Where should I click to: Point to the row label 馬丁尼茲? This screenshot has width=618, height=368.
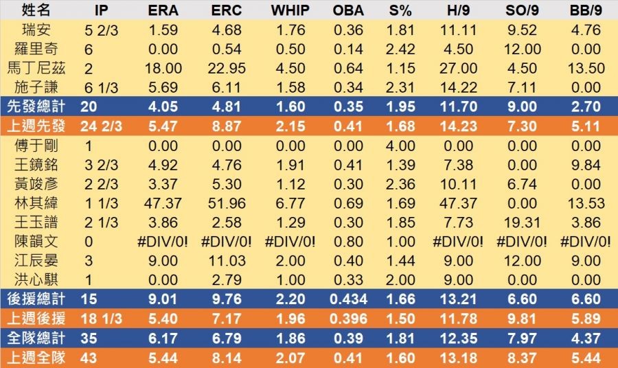pos(37,68)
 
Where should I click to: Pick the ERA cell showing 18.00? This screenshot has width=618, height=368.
pos(164,68)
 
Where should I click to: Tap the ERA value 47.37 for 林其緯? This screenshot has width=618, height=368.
pos(164,203)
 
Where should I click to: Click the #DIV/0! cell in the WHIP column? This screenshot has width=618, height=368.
pos(289,242)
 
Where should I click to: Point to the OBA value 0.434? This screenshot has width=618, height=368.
pos(348,299)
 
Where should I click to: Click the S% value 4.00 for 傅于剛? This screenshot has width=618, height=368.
pos(400,146)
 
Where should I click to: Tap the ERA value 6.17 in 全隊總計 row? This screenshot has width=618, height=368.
pos(164,338)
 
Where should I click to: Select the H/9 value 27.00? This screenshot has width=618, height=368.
pos(459,68)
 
